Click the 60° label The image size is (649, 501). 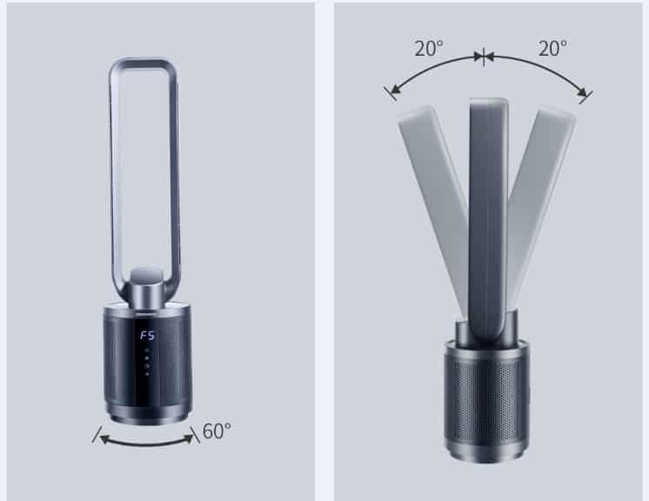click(x=217, y=431)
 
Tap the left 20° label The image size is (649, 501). click(x=429, y=49)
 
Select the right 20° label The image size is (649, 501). click(x=552, y=49)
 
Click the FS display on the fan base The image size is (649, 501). click(x=147, y=335)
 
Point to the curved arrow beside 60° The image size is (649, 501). click(x=146, y=444)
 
